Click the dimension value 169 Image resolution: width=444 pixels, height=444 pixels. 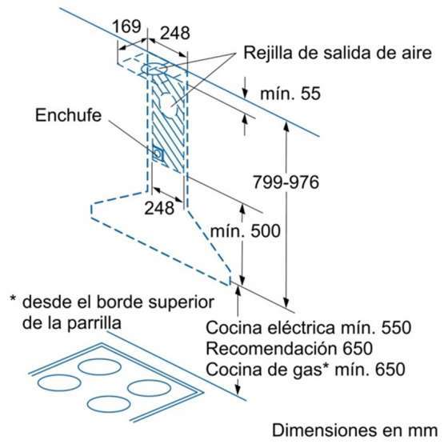coord(126,26)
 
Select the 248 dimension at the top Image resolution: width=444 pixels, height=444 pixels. coord(175,33)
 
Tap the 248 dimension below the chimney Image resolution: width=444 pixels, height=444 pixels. coord(159,208)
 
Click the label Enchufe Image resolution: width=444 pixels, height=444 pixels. coord(68,115)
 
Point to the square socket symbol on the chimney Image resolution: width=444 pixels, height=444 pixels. coord(158,154)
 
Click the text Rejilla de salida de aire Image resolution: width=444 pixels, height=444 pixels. coord(338,53)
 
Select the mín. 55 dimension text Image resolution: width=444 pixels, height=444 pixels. coord(290,94)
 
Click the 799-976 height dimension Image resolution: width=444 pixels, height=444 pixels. coord(286,182)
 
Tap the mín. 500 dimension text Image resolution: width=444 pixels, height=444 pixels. coord(246,230)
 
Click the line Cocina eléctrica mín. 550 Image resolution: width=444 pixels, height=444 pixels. coord(308,328)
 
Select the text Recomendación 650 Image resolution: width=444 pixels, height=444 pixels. coord(289,348)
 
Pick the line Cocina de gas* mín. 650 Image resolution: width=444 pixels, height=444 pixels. coord(306,370)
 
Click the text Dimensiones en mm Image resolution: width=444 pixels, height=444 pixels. coord(355,430)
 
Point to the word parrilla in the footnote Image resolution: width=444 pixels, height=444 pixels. coord(94,323)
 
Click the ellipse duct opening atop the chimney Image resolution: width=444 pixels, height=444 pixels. coord(154,69)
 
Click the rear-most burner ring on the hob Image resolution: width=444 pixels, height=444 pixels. coord(99,366)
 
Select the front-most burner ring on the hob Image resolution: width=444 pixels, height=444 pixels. coord(109,404)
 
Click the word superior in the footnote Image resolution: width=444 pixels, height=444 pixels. coord(182,302)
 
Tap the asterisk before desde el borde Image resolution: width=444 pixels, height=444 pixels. coord(13,299)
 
